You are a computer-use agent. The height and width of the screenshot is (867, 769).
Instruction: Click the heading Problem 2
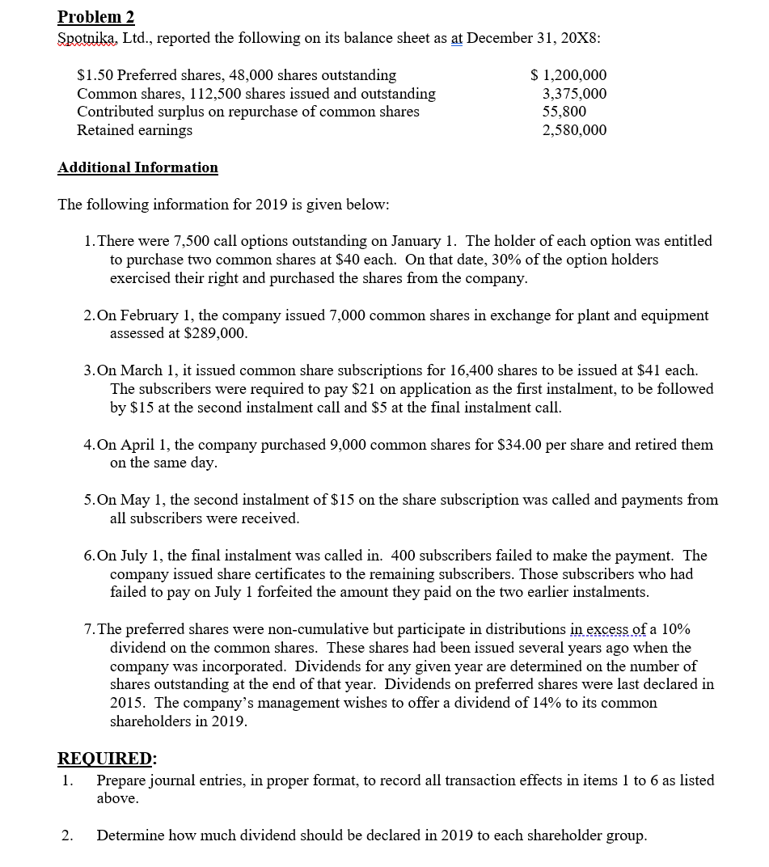click(96, 17)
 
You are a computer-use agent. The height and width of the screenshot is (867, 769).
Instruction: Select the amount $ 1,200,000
click(568, 75)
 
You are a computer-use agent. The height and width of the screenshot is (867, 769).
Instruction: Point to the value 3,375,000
click(574, 94)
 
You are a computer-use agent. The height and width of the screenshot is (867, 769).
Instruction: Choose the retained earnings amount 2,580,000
click(574, 130)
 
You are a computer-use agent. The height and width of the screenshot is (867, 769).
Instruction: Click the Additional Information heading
click(137, 167)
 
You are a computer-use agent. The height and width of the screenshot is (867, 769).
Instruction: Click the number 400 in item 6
click(404, 556)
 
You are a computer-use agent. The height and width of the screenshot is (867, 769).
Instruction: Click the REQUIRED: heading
click(108, 758)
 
